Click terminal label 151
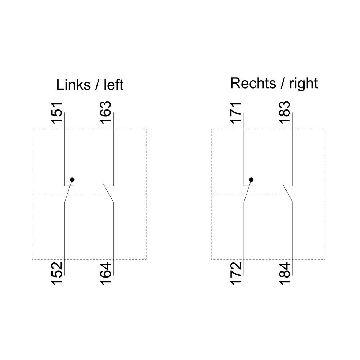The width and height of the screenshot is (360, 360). pyautogui.click(x=57, y=113)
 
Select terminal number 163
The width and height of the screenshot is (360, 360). pyautogui.click(x=105, y=112)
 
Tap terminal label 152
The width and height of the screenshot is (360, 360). pyautogui.click(x=57, y=274)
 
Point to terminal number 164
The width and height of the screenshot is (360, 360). pyautogui.click(x=105, y=274)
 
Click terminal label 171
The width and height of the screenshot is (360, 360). pyautogui.click(x=236, y=113)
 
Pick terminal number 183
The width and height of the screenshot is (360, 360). pyautogui.click(x=285, y=112)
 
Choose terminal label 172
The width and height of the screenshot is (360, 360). pyautogui.click(x=236, y=274)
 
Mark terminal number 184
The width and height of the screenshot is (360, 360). pyautogui.click(x=285, y=274)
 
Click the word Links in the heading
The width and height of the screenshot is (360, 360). pyautogui.click(x=73, y=85)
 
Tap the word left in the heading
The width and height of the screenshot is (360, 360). pyautogui.click(x=114, y=85)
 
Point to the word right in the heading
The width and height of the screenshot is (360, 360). pyautogui.click(x=303, y=84)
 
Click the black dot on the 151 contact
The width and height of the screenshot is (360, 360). pyautogui.click(x=72, y=180)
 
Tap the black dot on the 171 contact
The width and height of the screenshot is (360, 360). pyautogui.click(x=251, y=180)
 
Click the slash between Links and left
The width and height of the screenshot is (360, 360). pyautogui.click(x=97, y=85)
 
